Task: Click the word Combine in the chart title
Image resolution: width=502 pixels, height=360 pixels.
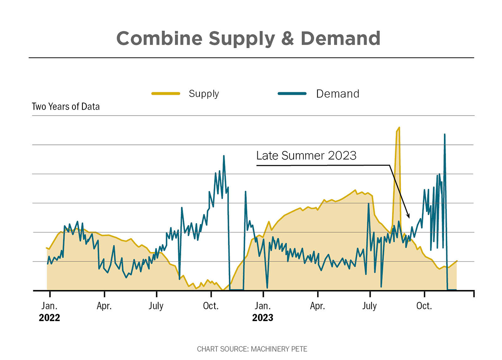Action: point(159,39)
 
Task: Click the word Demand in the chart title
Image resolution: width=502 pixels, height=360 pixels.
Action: point(341,39)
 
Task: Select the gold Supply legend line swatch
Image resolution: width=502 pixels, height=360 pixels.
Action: point(166,93)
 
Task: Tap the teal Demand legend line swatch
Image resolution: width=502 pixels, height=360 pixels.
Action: point(292,93)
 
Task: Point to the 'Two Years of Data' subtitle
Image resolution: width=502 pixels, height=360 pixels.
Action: point(66,107)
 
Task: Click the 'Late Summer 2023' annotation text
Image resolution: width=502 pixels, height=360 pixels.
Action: point(306,155)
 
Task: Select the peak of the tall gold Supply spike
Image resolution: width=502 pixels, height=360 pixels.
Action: point(399,127)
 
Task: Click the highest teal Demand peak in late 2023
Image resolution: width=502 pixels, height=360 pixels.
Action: point(445,134)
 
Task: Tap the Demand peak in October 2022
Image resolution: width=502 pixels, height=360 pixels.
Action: point(224,156)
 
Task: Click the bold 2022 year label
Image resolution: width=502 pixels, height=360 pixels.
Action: point(49,318)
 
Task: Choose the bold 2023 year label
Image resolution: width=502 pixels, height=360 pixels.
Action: point(263,318)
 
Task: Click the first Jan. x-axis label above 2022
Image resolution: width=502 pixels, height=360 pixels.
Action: point(49,306)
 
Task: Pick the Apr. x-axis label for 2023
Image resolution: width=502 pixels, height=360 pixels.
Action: point(318,306)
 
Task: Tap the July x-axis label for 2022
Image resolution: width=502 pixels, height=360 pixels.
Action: point(156,306)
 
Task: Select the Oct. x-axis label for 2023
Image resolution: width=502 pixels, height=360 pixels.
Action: point(424,306)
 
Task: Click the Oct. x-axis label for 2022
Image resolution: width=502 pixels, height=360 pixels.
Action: point(211,306)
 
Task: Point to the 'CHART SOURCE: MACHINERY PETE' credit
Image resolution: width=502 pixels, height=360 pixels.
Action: point(252,349)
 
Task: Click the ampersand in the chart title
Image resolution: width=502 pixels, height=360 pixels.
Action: point(287,39)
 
